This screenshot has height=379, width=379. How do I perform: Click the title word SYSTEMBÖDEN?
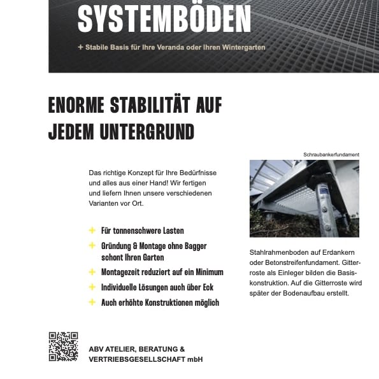(164, 20)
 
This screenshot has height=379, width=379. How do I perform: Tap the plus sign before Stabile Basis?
(80, 47)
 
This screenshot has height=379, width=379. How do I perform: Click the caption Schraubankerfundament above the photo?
(331, 154)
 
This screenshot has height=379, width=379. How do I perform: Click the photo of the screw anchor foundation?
(304, 198)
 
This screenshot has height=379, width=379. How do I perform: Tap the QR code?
(63, 347)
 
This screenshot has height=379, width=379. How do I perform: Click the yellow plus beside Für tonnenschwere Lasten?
(92, 231)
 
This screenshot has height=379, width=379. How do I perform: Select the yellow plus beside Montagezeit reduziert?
(92, 272)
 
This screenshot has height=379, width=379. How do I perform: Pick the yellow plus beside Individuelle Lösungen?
(92, 287)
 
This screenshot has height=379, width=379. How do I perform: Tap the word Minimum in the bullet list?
(203, 272)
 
